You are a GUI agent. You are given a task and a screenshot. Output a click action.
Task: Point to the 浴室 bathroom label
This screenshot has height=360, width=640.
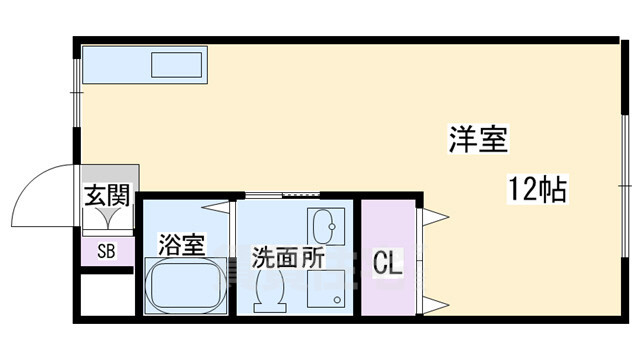(182, 244)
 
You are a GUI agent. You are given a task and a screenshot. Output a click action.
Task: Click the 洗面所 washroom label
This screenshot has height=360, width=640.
(286, 256)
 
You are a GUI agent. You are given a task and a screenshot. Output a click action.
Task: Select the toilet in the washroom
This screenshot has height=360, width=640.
(270, 290)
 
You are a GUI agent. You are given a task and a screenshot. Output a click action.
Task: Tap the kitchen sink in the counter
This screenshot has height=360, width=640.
(177, 66)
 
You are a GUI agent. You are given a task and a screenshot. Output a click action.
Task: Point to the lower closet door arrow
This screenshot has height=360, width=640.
(436, 302)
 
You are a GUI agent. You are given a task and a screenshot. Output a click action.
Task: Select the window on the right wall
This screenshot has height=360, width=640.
(623, 184)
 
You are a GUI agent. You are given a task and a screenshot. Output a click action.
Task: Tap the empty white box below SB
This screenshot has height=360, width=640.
(106, 292)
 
